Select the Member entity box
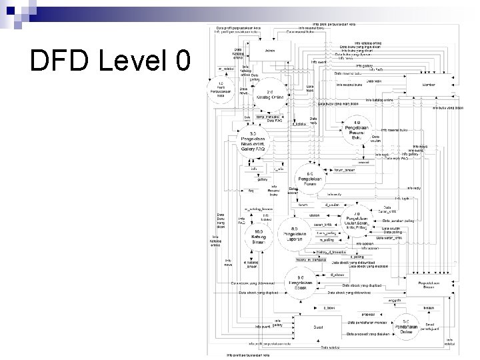coord(429,84)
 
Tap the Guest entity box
coord(318,327)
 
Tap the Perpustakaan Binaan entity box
coord(429,286)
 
